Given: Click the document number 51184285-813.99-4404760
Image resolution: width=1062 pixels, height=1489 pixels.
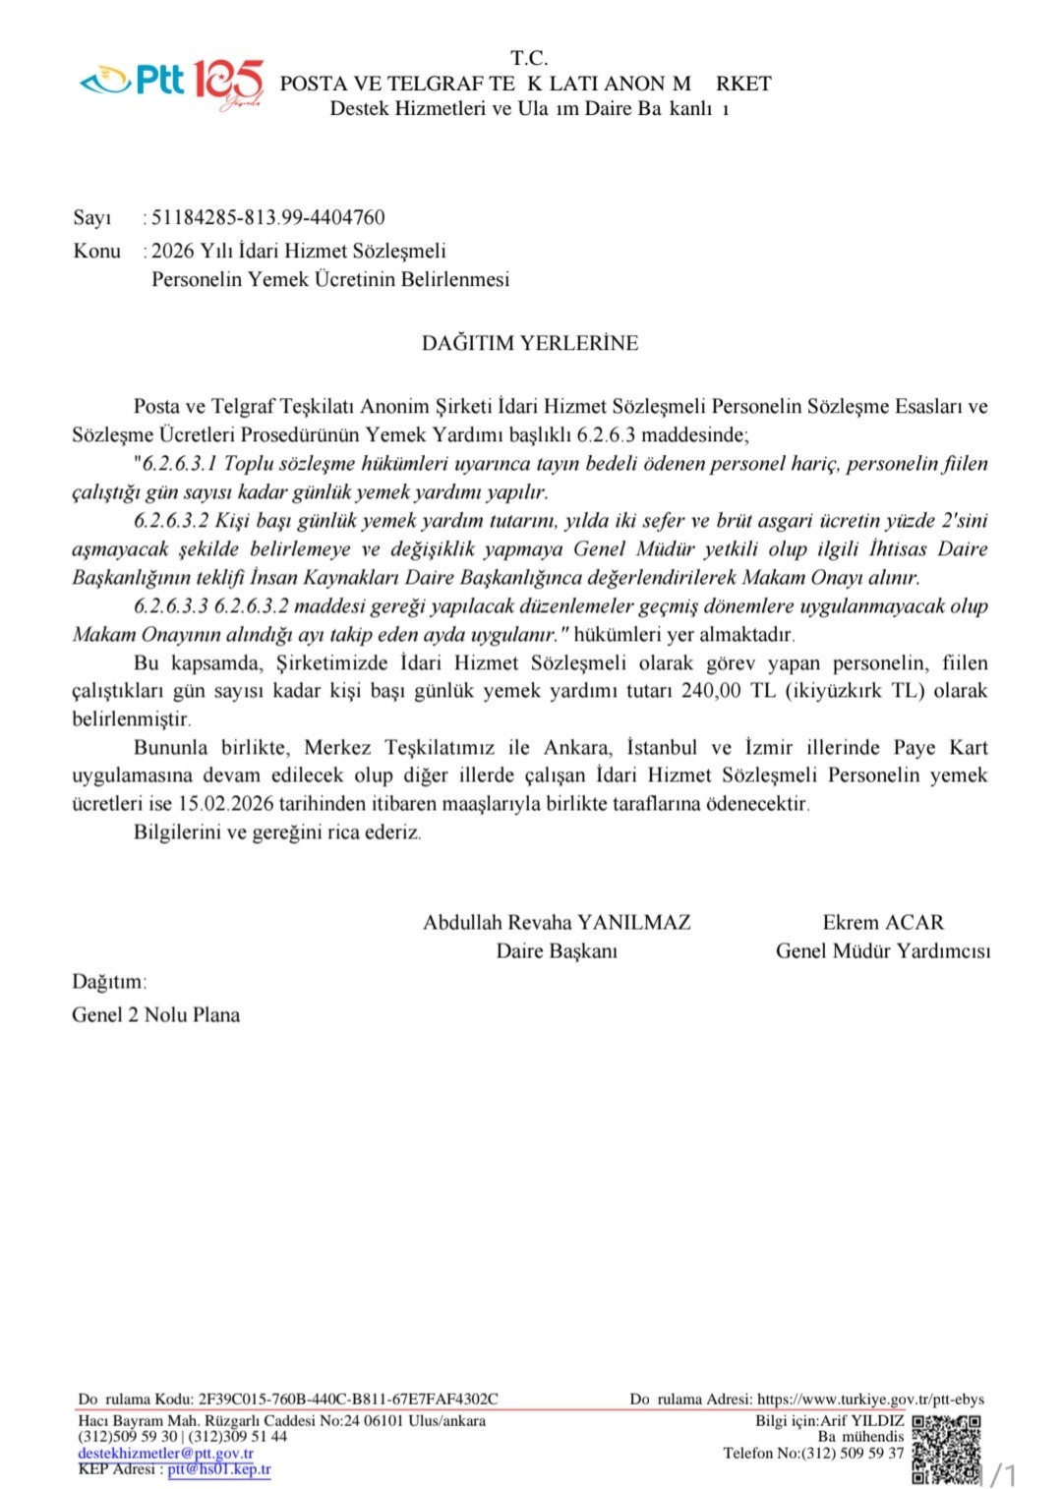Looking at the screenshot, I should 267,217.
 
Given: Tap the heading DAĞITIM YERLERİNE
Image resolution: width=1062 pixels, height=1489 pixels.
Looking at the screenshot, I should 530,343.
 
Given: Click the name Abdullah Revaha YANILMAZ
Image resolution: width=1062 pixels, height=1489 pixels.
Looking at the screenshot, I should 557,923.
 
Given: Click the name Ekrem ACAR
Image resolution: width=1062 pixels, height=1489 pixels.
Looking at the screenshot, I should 883,923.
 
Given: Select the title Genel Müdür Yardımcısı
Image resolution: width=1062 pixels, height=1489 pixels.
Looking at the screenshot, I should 883,951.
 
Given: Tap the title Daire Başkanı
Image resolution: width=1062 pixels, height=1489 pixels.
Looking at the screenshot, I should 557,951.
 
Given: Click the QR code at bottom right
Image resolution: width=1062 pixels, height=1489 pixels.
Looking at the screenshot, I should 946,1449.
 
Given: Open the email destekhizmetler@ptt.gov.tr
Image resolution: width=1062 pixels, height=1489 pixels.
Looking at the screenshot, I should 165,1453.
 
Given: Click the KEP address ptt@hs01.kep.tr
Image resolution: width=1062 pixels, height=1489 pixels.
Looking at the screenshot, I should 219,1469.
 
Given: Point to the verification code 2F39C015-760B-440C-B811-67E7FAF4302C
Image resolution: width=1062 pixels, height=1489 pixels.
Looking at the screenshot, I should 348,1399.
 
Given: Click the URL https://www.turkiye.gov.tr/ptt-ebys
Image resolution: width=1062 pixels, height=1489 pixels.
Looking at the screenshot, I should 870,1399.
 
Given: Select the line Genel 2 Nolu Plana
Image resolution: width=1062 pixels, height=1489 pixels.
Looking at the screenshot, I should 155,1015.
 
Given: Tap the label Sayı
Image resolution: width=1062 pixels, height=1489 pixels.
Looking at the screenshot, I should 92,217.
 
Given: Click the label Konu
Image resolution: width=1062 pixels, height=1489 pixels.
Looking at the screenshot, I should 96,251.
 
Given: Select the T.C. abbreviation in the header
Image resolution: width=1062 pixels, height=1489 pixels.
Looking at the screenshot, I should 529,58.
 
